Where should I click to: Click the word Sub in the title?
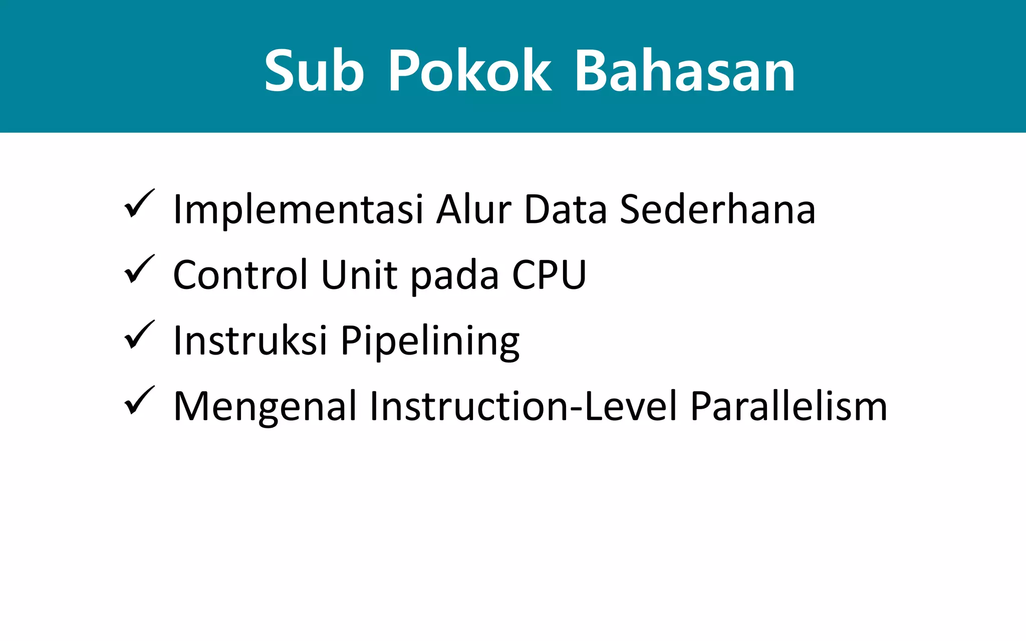pyautogui.click(x=314, y=71)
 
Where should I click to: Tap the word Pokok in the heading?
pyautogui.click(x=469, y=71)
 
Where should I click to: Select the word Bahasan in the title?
pyautogui.click(x=685, y=71)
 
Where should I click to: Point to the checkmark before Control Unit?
pyautogui.click(x=139, y=269)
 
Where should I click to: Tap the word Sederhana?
pyautogui.click(x=717, y=209)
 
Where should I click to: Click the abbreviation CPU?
pyautogui.click(x=549, y=274)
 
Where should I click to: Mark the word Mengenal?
pyautogui.click(x=265, y=406)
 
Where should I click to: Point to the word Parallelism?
pyautogui.click(x=789, y=406)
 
